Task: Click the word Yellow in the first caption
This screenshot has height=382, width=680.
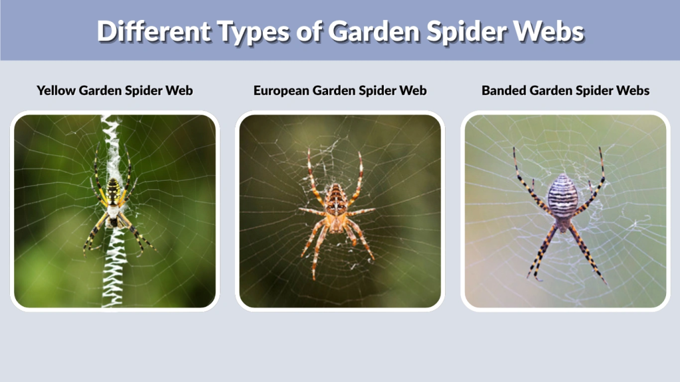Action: click(56, 90)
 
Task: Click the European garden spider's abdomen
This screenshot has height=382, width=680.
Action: click(337, 198)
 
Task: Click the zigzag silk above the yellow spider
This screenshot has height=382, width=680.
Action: click(111, 143)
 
